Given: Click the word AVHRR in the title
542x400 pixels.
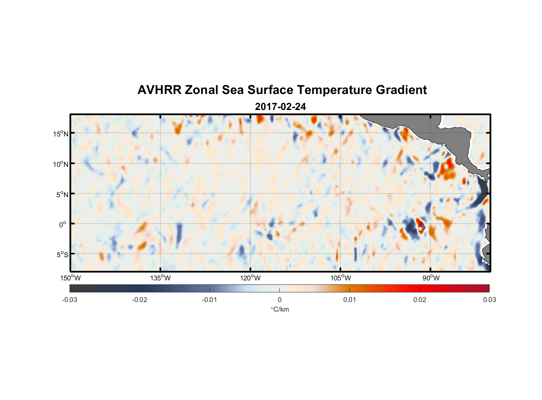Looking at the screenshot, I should point(159,90).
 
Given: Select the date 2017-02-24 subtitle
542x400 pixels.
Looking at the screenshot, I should point(280,107).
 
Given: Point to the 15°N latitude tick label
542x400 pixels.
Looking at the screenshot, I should point(61,134).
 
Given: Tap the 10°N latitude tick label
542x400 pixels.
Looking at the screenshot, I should point(61,164).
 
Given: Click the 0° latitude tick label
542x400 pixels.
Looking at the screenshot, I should point(63,224).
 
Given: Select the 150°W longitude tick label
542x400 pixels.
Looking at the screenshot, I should point(70,278).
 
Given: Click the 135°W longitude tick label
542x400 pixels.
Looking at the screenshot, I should point(160,278).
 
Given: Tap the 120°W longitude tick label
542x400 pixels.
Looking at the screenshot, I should point(250,278).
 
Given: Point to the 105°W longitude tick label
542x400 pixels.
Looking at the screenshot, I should point(341,278).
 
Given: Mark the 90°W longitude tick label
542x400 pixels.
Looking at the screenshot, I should point(430,278).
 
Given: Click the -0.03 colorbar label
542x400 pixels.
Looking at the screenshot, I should point(70,300).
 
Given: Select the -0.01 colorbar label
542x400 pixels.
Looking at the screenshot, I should point(209,300).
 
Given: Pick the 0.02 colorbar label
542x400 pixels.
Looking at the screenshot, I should point(419,300).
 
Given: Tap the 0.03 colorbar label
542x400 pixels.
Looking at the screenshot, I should point(489,300).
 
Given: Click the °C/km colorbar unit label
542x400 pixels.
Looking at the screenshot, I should point(279,309).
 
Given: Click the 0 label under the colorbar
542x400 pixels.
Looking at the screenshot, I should point(279,300).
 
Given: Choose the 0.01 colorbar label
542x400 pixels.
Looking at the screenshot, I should point(349,300).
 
